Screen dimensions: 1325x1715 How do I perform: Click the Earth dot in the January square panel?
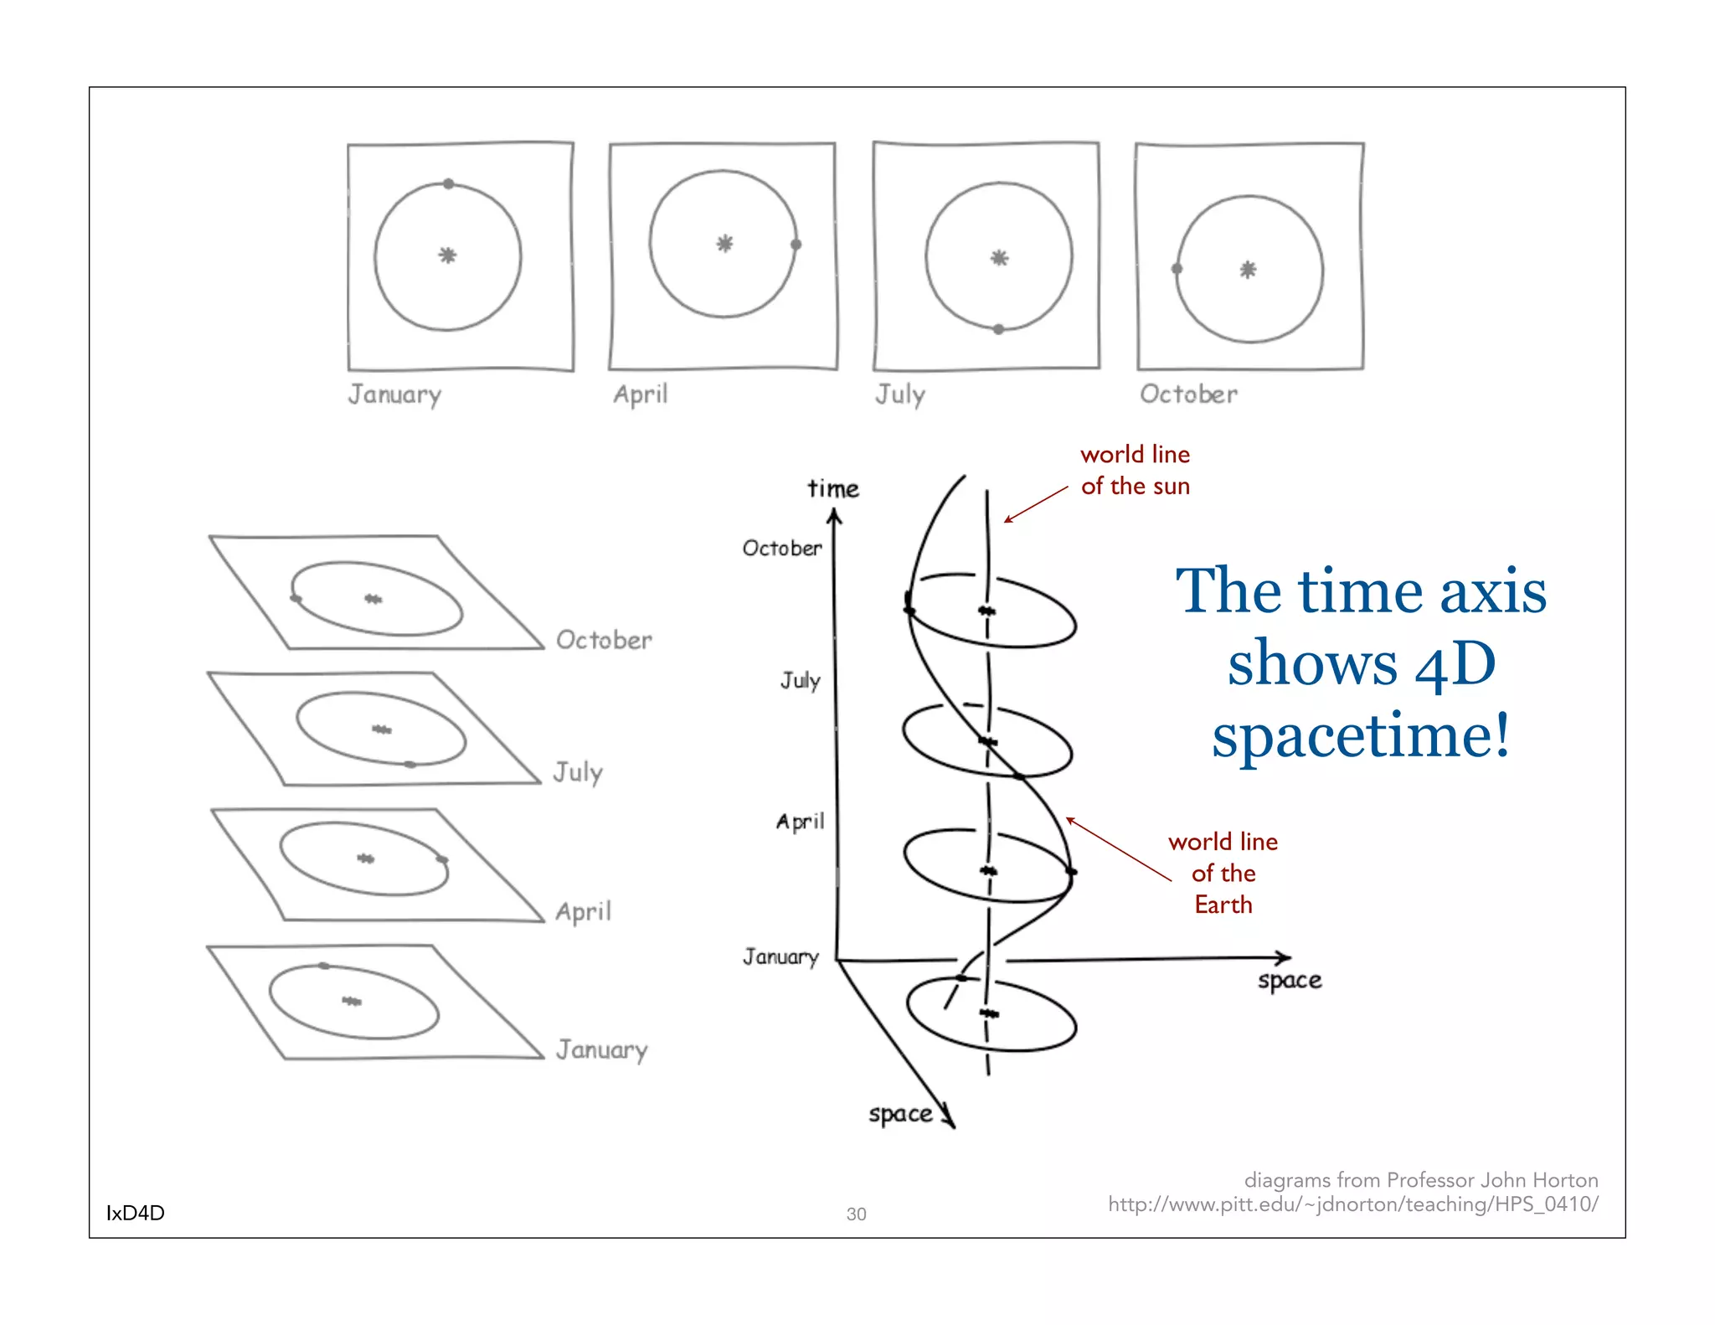pyautogui.click(x=449, y=183)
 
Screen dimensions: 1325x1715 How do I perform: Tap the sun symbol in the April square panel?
pyautogui.click(x=724, y=244)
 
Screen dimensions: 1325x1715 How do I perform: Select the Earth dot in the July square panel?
pyautogui.click(x=998, y=329)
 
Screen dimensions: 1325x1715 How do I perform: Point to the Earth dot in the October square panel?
pyautogui.click(x=1177, y=269)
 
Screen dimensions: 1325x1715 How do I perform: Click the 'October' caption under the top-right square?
pyautogui.click(x=1188, y=394)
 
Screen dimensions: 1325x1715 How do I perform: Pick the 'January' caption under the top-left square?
pyautogui.click(x=394, y=394)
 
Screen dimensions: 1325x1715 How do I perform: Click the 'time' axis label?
pyautogui.click(x=833, y=488)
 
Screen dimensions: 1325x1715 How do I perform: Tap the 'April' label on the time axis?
pyautogui.click(x=800, y=822)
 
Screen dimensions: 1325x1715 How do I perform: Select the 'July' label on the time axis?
pyautogui.click(x=801, y=680)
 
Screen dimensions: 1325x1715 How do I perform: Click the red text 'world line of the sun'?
pyautogui.click(x=1135, y=470)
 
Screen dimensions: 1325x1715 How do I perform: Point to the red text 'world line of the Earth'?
pyautogui.click(x=1223, y=873)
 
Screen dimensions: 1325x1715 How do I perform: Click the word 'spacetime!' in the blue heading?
pyautogui.click(x=1362, y=735)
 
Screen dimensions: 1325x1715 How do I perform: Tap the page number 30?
pyautogui.click(x=856, y=1214)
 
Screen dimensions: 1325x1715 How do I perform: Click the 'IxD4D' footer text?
pyautogui.click(x=135, y=1213)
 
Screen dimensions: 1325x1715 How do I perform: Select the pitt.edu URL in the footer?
pyautogui.click(x=1352, y=1204)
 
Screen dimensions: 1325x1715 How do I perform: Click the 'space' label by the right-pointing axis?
pyautogui.click(x=1290, y=980)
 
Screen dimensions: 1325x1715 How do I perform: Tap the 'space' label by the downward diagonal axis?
pyautogui.click(x=900, y=1114)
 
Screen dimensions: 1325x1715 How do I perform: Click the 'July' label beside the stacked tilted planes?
pyautogui.click(x=578, y=772)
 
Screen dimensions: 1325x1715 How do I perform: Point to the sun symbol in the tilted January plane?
pyautogui.click(x=352, y=1001)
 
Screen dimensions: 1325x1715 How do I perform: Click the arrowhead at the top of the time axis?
pyautogui.click(x=834, y=516)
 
